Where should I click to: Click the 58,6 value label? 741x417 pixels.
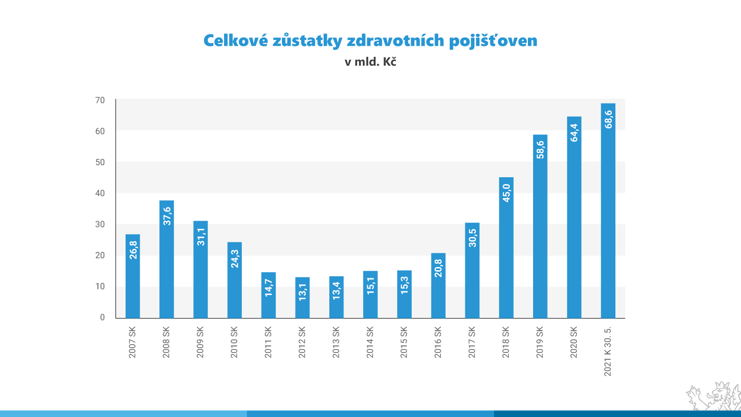pos(540,149)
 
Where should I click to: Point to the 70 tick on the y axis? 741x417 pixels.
pos(100,100)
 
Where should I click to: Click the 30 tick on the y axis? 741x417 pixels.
pos(100,224)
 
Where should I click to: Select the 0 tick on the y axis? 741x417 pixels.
pos(102,317)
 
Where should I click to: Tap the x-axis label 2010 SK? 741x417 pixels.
pos(234,342)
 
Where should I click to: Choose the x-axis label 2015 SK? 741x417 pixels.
pos(404,342)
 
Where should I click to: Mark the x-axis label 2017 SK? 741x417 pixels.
pos(472,342)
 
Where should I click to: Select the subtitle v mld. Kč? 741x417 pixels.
pos(370,62)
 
